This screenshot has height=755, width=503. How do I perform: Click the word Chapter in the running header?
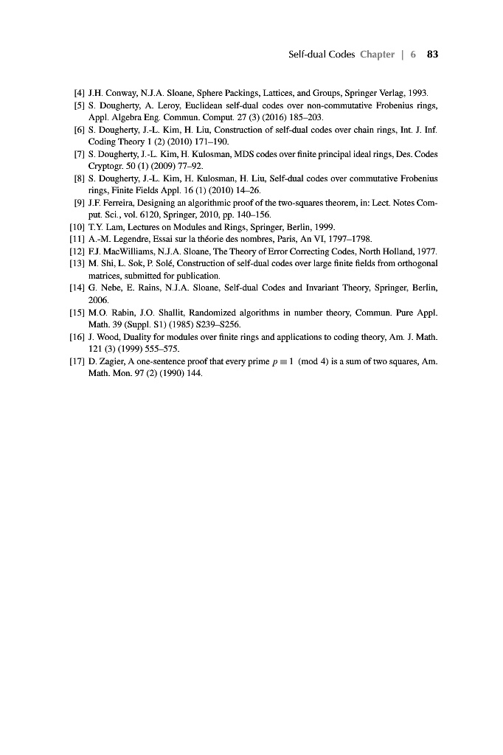(x=377, y=55)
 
